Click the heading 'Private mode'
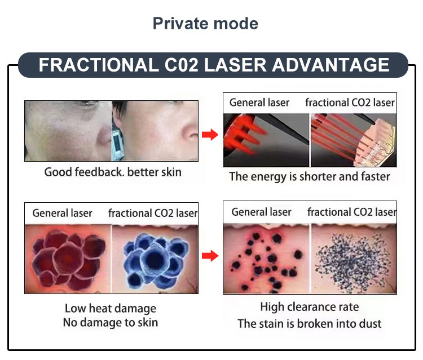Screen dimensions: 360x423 (x=205, y=24)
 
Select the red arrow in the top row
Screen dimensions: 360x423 (x=210, y=135)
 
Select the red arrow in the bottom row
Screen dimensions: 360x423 (x=210, y=256)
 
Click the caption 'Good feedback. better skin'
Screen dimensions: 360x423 (x=113, y=172)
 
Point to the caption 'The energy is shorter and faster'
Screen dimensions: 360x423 (x=309, y=176)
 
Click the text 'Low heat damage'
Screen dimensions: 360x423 (x=111, y=308)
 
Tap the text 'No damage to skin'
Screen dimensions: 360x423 (x=111, y=323)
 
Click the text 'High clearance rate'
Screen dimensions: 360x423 (x=309, y=307)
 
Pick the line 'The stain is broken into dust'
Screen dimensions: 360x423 (x=309, y=323)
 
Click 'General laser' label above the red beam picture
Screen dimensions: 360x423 (x=259, y=103)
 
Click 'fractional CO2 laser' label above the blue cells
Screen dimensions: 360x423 (x=153, y=214)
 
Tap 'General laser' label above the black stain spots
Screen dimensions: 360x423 (x=262, y=212)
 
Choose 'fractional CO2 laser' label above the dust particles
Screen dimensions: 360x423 (x=351, y=212)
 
